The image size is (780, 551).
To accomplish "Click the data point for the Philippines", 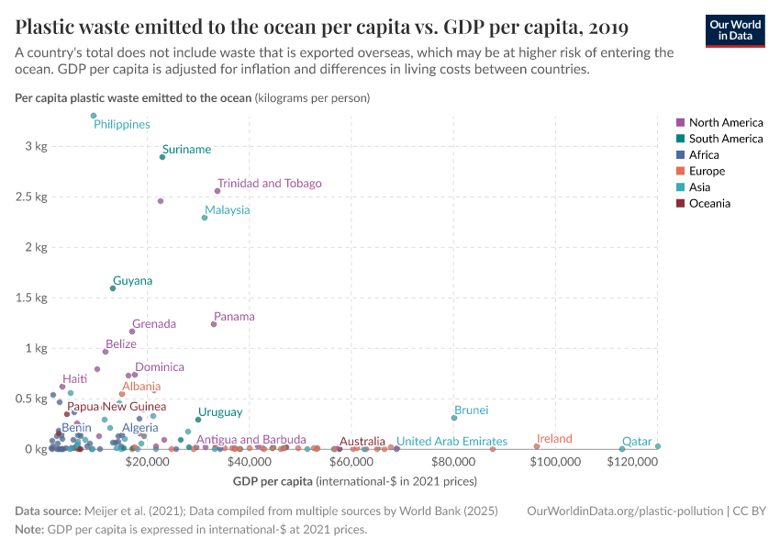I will click(94, 116).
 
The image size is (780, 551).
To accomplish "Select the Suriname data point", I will click(162, 157).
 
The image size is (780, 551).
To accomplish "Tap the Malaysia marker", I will click(205, 218).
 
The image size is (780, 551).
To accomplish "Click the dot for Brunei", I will click(454, 418).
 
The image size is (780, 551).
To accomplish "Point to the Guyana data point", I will click(113, 288).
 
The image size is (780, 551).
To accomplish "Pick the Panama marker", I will click(214, 324).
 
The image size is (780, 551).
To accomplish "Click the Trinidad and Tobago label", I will click(269, 184).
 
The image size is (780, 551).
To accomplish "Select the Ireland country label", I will click(554, 439).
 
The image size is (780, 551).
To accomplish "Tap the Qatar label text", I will click(637, 442).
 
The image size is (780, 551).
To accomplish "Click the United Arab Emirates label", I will click(451, 442).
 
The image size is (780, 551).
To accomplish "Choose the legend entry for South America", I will click(725, 139).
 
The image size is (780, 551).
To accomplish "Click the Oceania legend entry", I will click(709, 203).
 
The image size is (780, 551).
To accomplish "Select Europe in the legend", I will click(707, 171).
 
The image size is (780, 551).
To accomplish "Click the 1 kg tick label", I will click(37, 348).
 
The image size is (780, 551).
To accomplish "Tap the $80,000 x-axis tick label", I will click(451, 462).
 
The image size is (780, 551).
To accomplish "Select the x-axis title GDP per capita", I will click(273, 481).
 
